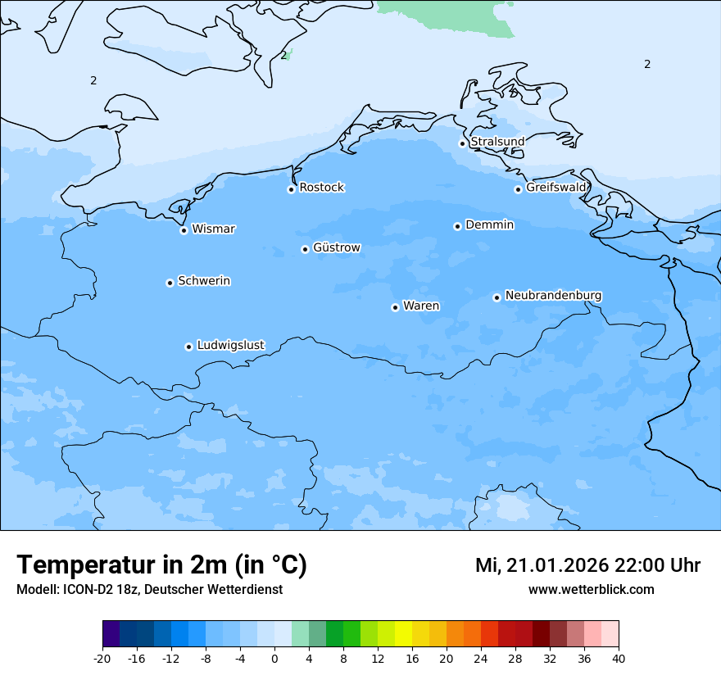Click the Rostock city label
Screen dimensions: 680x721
(321, 188)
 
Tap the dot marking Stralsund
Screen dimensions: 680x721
(462, 143)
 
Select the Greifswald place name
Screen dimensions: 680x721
(555, 188)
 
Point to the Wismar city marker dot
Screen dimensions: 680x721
(184, 230)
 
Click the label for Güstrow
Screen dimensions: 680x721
(336, 247)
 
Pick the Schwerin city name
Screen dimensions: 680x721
(204, 281)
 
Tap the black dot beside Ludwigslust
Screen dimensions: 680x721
(188, 347)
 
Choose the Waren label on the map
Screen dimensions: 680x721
(420, 306)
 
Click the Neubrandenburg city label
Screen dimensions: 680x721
(553, 295)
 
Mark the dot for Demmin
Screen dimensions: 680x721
(457, 226)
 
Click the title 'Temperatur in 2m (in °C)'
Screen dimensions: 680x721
(161, 564)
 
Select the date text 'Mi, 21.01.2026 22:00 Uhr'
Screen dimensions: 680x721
(587, 565)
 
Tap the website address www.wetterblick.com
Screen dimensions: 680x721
(591, 589)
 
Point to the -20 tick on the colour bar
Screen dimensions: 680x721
(102, 659)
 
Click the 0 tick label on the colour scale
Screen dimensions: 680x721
(274, 659)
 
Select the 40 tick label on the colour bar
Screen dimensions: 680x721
(618, 659)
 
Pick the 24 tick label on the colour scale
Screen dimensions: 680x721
(481, 659)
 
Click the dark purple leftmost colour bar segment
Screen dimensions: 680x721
(111, 634)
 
